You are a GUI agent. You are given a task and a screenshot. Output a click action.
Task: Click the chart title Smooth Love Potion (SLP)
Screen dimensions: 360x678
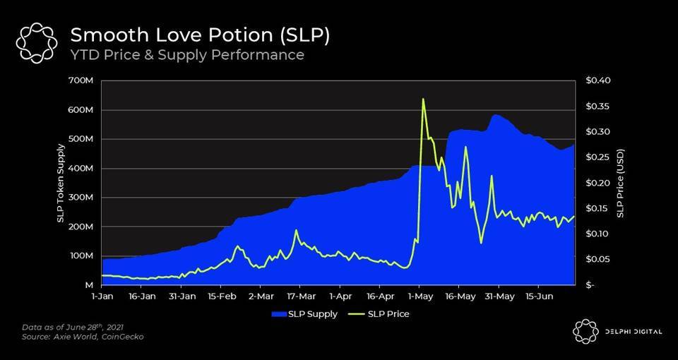click(x=199, y=35)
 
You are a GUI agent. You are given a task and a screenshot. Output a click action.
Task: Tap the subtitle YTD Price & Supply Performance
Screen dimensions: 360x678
click(x=186, y=55)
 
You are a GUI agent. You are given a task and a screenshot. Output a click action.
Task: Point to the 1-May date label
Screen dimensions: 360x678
click(x=420, y=297)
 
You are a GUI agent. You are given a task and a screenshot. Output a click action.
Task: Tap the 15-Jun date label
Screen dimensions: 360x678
click(x=539, y=297)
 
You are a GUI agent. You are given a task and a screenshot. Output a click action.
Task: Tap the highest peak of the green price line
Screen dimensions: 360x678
click(x=422, y=99)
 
